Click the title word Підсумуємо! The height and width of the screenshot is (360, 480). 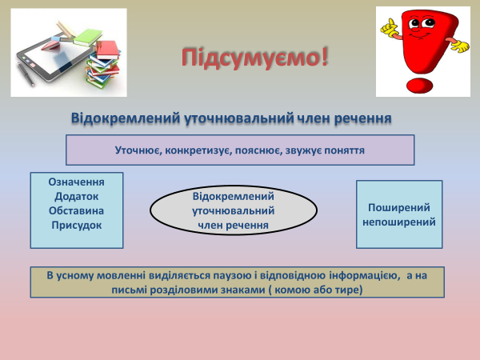tap(254, 58)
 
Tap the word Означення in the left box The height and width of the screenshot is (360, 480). tap(76, 182)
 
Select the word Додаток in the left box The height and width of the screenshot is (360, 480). tap(76, 196)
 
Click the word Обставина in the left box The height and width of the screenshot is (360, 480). tap(76, 210)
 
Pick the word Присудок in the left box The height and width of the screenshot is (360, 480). tap(76, 225)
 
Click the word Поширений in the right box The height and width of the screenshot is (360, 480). tap(398, 207)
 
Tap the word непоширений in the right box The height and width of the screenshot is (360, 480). tap(398, 222)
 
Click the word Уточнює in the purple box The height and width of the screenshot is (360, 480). tap(135, 150)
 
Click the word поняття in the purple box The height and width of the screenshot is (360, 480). tap(346, 150)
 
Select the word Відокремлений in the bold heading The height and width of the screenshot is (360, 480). tap(117, 118)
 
